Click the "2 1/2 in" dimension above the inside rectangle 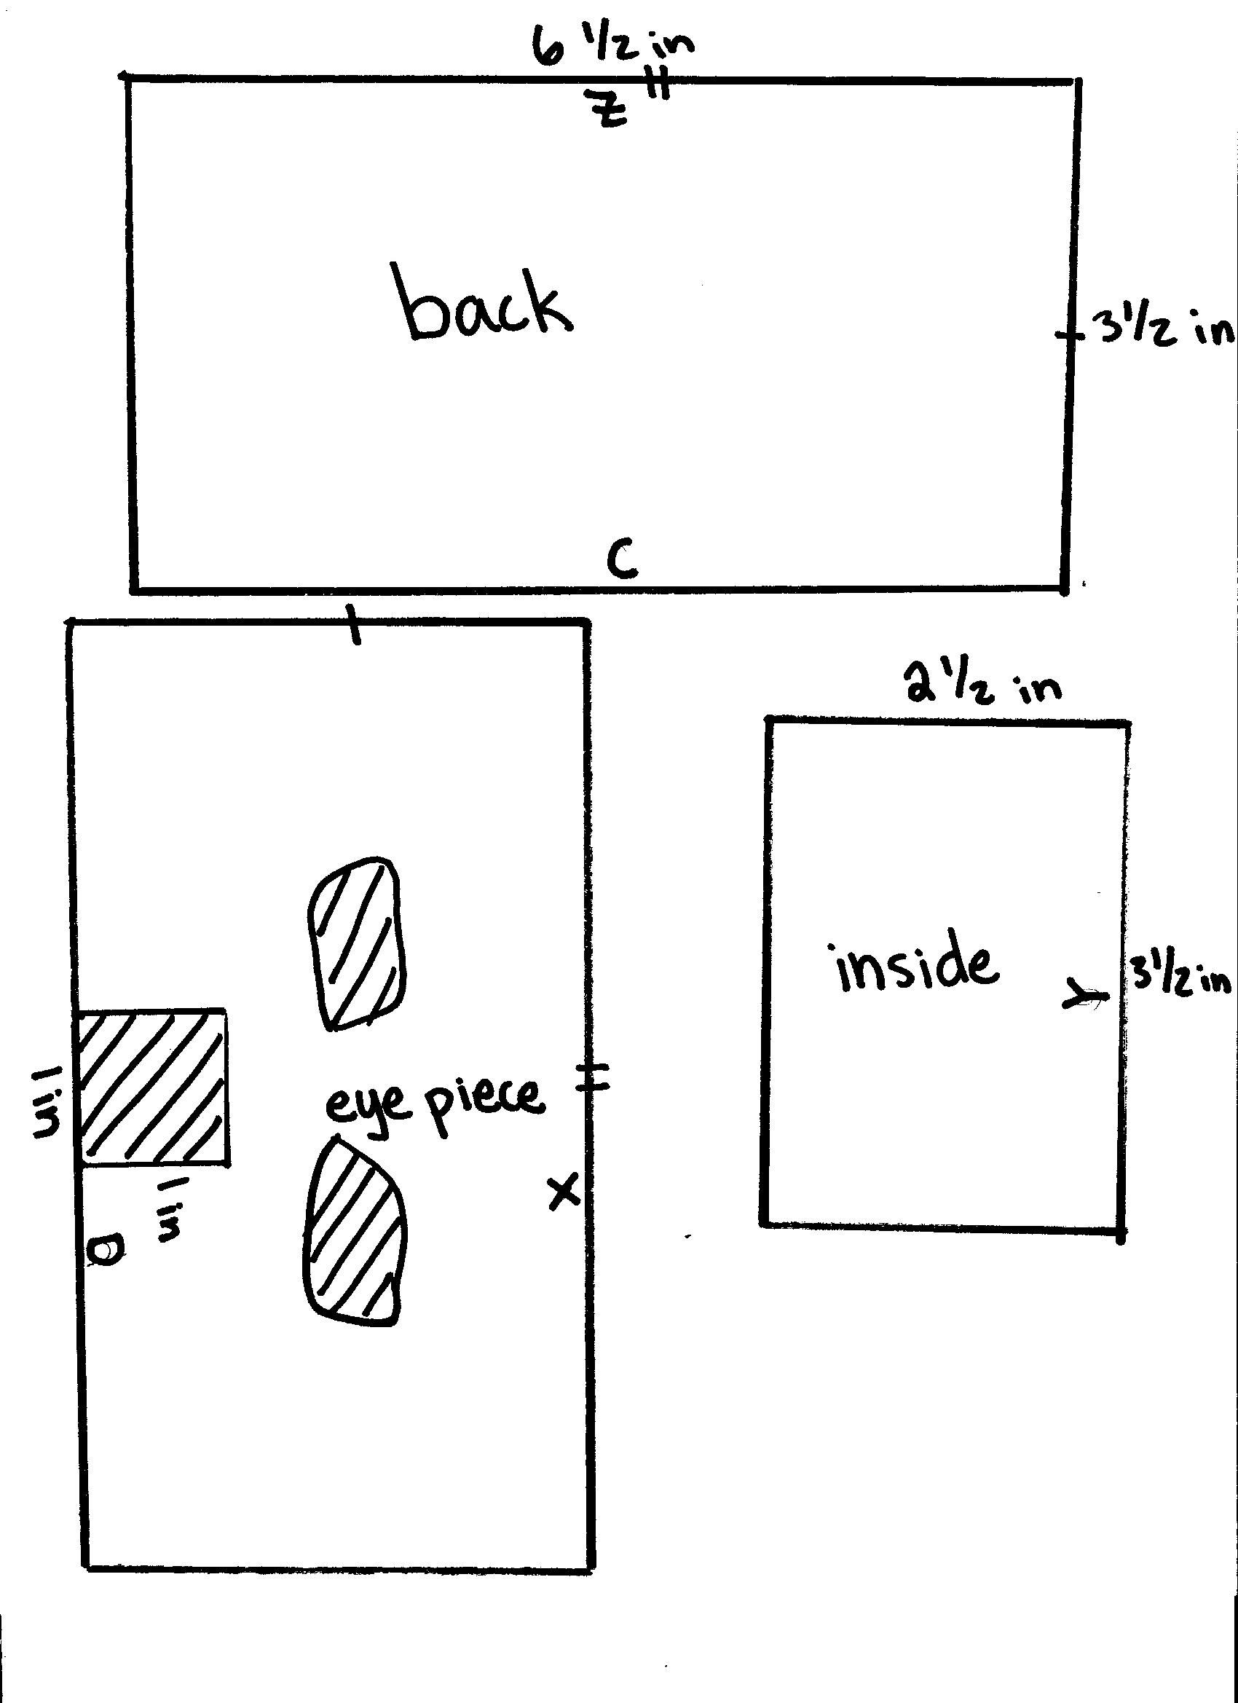tap(985, 686)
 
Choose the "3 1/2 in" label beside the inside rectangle tap(1183, 980)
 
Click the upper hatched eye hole tap(357, 943)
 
